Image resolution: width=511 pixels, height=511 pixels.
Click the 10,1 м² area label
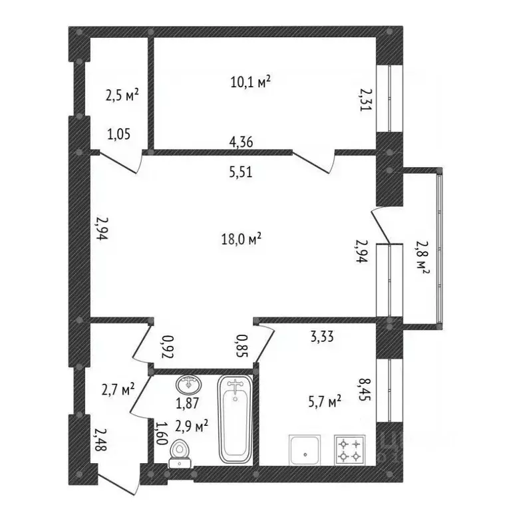(251, 81)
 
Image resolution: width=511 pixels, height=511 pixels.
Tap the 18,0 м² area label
(241, 240)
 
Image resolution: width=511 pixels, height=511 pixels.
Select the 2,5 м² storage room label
(122, 96)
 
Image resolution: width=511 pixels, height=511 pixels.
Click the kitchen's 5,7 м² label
(325, 402)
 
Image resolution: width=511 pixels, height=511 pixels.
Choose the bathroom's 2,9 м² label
(192, 426)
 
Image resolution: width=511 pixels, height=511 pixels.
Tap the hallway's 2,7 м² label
(118, 389)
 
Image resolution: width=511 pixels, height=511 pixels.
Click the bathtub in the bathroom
(235, 419)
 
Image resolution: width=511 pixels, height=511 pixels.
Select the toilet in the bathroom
(180, 453)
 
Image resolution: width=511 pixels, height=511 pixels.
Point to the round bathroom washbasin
(189, 385)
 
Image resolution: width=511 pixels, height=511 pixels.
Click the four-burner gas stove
(350, 449)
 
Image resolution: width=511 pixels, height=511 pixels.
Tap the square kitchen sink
(305, 450)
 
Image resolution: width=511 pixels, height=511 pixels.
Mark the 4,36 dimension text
(241, 142)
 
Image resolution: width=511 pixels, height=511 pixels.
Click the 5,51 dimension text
(241, 172)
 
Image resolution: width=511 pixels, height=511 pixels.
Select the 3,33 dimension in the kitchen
(322, 336)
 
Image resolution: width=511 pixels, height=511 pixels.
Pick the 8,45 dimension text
(365, 389)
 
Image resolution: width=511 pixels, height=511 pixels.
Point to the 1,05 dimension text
(119, 134)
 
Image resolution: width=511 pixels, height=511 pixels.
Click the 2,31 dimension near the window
(365, 100)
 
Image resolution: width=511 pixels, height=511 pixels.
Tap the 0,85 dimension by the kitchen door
(242, 346)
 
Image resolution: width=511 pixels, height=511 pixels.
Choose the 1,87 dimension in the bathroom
(188, 403)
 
